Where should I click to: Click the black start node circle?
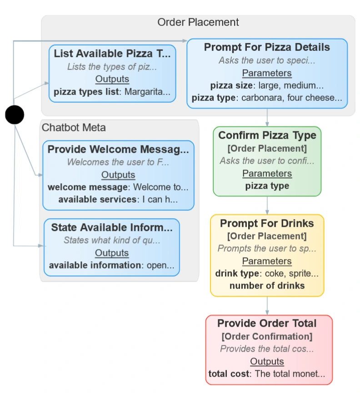15,115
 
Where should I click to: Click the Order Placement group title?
198,22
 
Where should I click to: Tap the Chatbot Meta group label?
74,128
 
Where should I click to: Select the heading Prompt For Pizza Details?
267,47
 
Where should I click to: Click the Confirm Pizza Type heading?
267,135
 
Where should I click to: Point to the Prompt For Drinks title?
267,223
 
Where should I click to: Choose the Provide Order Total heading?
267,323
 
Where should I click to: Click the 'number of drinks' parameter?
267,286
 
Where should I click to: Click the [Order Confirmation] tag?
267,337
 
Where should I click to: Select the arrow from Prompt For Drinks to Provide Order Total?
267,305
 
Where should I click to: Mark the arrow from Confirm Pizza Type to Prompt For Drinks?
267,205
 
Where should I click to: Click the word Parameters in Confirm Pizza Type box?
267,173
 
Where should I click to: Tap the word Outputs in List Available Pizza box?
112,79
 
